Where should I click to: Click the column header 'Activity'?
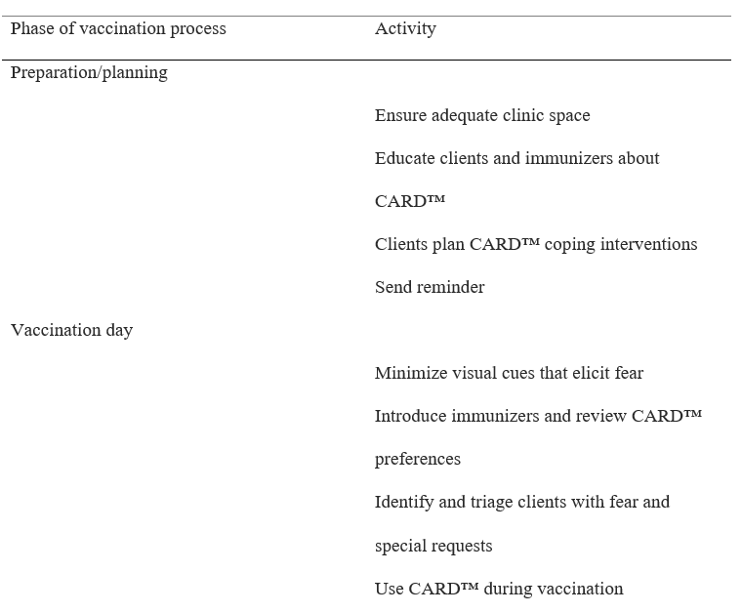tap(405, 28)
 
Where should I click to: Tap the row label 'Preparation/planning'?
tap(89, 72)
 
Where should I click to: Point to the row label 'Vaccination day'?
tap(71, 330)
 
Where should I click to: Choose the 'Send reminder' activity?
tap(430, 287)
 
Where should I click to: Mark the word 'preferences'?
tap(418, 459)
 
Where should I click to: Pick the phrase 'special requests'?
tap(433, 546)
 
